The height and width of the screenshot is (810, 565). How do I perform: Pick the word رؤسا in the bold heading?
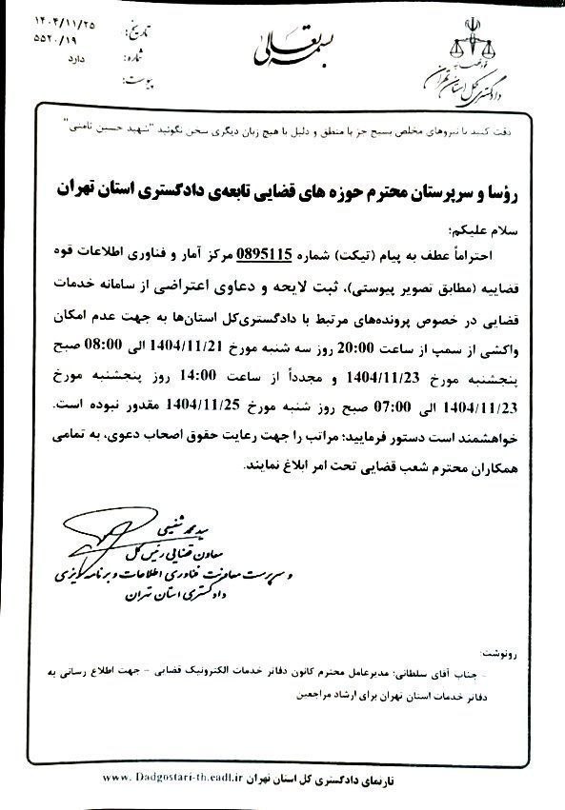pos(495,190)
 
